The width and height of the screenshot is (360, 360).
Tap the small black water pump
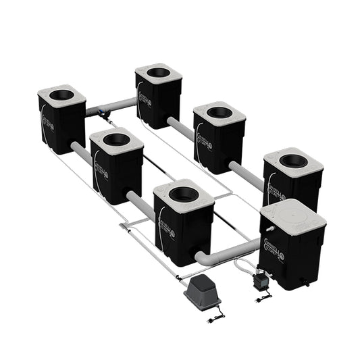(x=259, y=280)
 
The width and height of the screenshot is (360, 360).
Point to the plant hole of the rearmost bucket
(x=158, y=72)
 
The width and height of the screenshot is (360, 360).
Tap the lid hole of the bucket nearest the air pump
(x=183, y=195)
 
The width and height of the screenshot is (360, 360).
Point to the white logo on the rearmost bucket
(x=141, y=95)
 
